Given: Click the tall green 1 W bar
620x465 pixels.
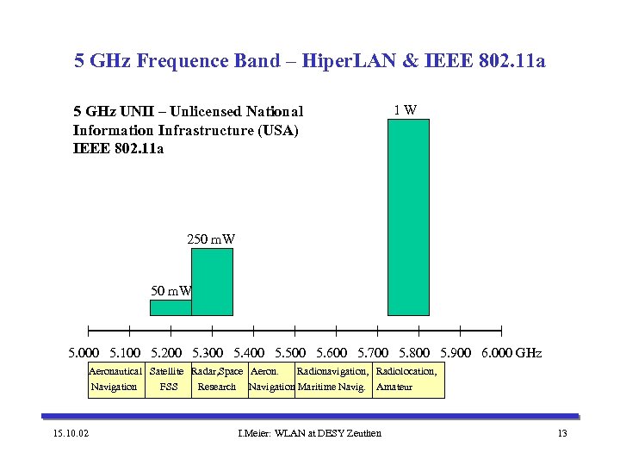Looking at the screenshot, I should pos(408,217).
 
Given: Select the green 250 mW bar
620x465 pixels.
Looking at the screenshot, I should pos(212,282).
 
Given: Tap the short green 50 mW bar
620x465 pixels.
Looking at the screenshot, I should pos(170,307).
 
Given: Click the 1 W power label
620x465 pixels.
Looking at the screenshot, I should pos(406,110).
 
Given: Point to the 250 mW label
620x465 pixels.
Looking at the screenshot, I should pos(211,239).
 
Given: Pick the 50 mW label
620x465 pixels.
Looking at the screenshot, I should pos(170,291).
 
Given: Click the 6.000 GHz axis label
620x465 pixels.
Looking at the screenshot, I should pos(512,353).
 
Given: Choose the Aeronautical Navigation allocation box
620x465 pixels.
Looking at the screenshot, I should pos(115,379).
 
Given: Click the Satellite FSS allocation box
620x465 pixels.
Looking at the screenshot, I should pos(168,379).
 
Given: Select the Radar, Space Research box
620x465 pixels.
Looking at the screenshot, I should pos(217,379).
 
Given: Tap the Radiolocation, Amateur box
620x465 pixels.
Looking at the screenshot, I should pos(408,379).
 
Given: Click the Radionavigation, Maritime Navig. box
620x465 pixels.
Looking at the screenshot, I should pos(333,379).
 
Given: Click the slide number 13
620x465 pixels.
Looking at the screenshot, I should pos(562,432).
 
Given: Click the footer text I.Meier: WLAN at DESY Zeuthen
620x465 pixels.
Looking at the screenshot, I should pos(308,432).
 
